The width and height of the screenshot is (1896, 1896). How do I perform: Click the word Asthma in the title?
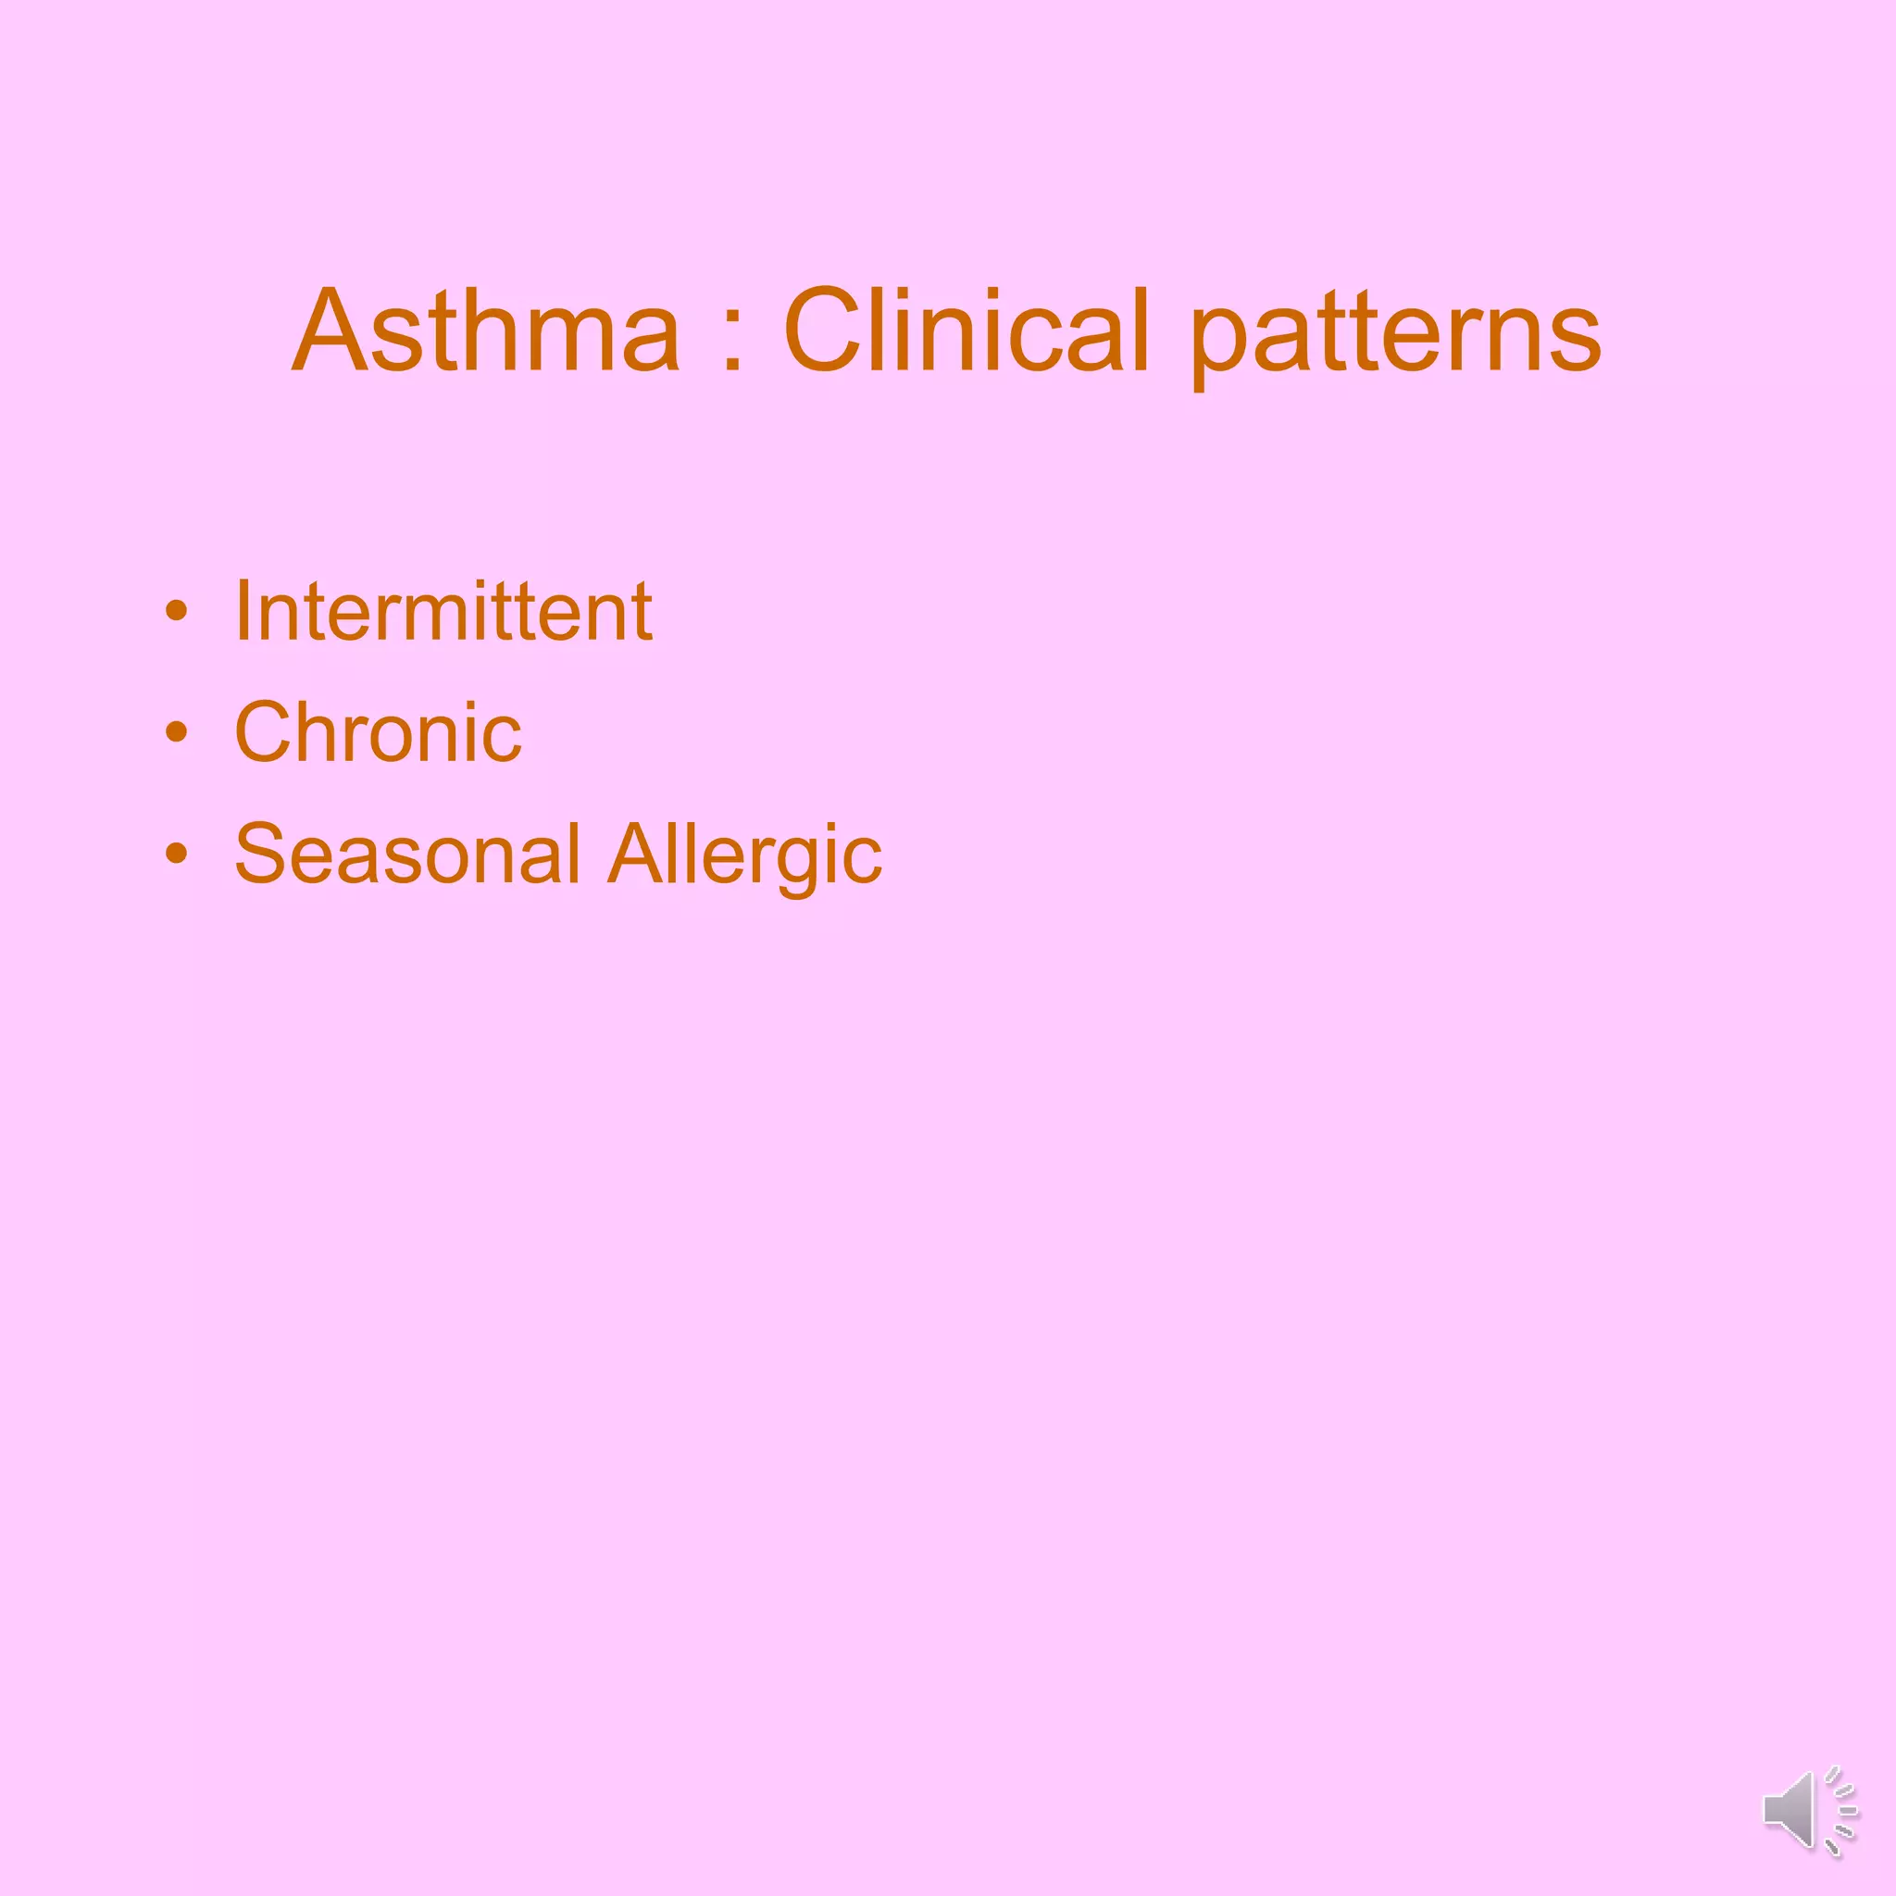click(486, 331)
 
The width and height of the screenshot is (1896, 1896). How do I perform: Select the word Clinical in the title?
click(966, 331)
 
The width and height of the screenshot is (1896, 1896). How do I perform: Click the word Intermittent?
click(443, 610)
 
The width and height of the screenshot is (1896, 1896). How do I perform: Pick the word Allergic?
click(745, 854)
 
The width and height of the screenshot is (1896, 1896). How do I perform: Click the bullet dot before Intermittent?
click(177, 611)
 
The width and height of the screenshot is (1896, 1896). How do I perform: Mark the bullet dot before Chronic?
click(177, 732)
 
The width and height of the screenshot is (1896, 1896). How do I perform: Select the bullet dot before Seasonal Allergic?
click(177, 853)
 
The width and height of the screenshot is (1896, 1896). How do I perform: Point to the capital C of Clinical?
click(822, 331)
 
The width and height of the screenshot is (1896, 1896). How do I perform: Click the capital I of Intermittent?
click(242, 610)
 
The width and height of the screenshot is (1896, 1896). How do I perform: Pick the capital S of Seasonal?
click(263, 853)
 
